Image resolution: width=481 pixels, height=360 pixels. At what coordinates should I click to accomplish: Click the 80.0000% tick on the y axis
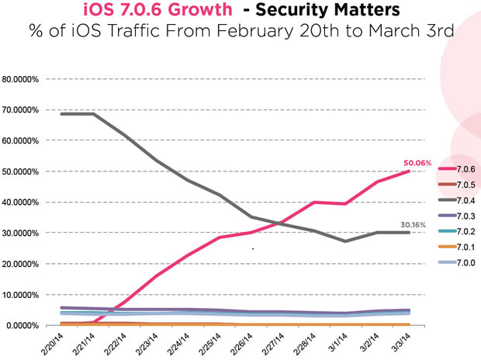click(x=23, y=79)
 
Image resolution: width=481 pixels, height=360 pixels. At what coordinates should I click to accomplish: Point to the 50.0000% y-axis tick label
click(x=23, y=171)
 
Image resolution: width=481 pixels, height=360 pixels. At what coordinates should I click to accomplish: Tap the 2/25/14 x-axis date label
click(x=212, y=342)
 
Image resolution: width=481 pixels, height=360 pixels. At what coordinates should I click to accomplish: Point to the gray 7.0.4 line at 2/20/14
click(x=61, y=114)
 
